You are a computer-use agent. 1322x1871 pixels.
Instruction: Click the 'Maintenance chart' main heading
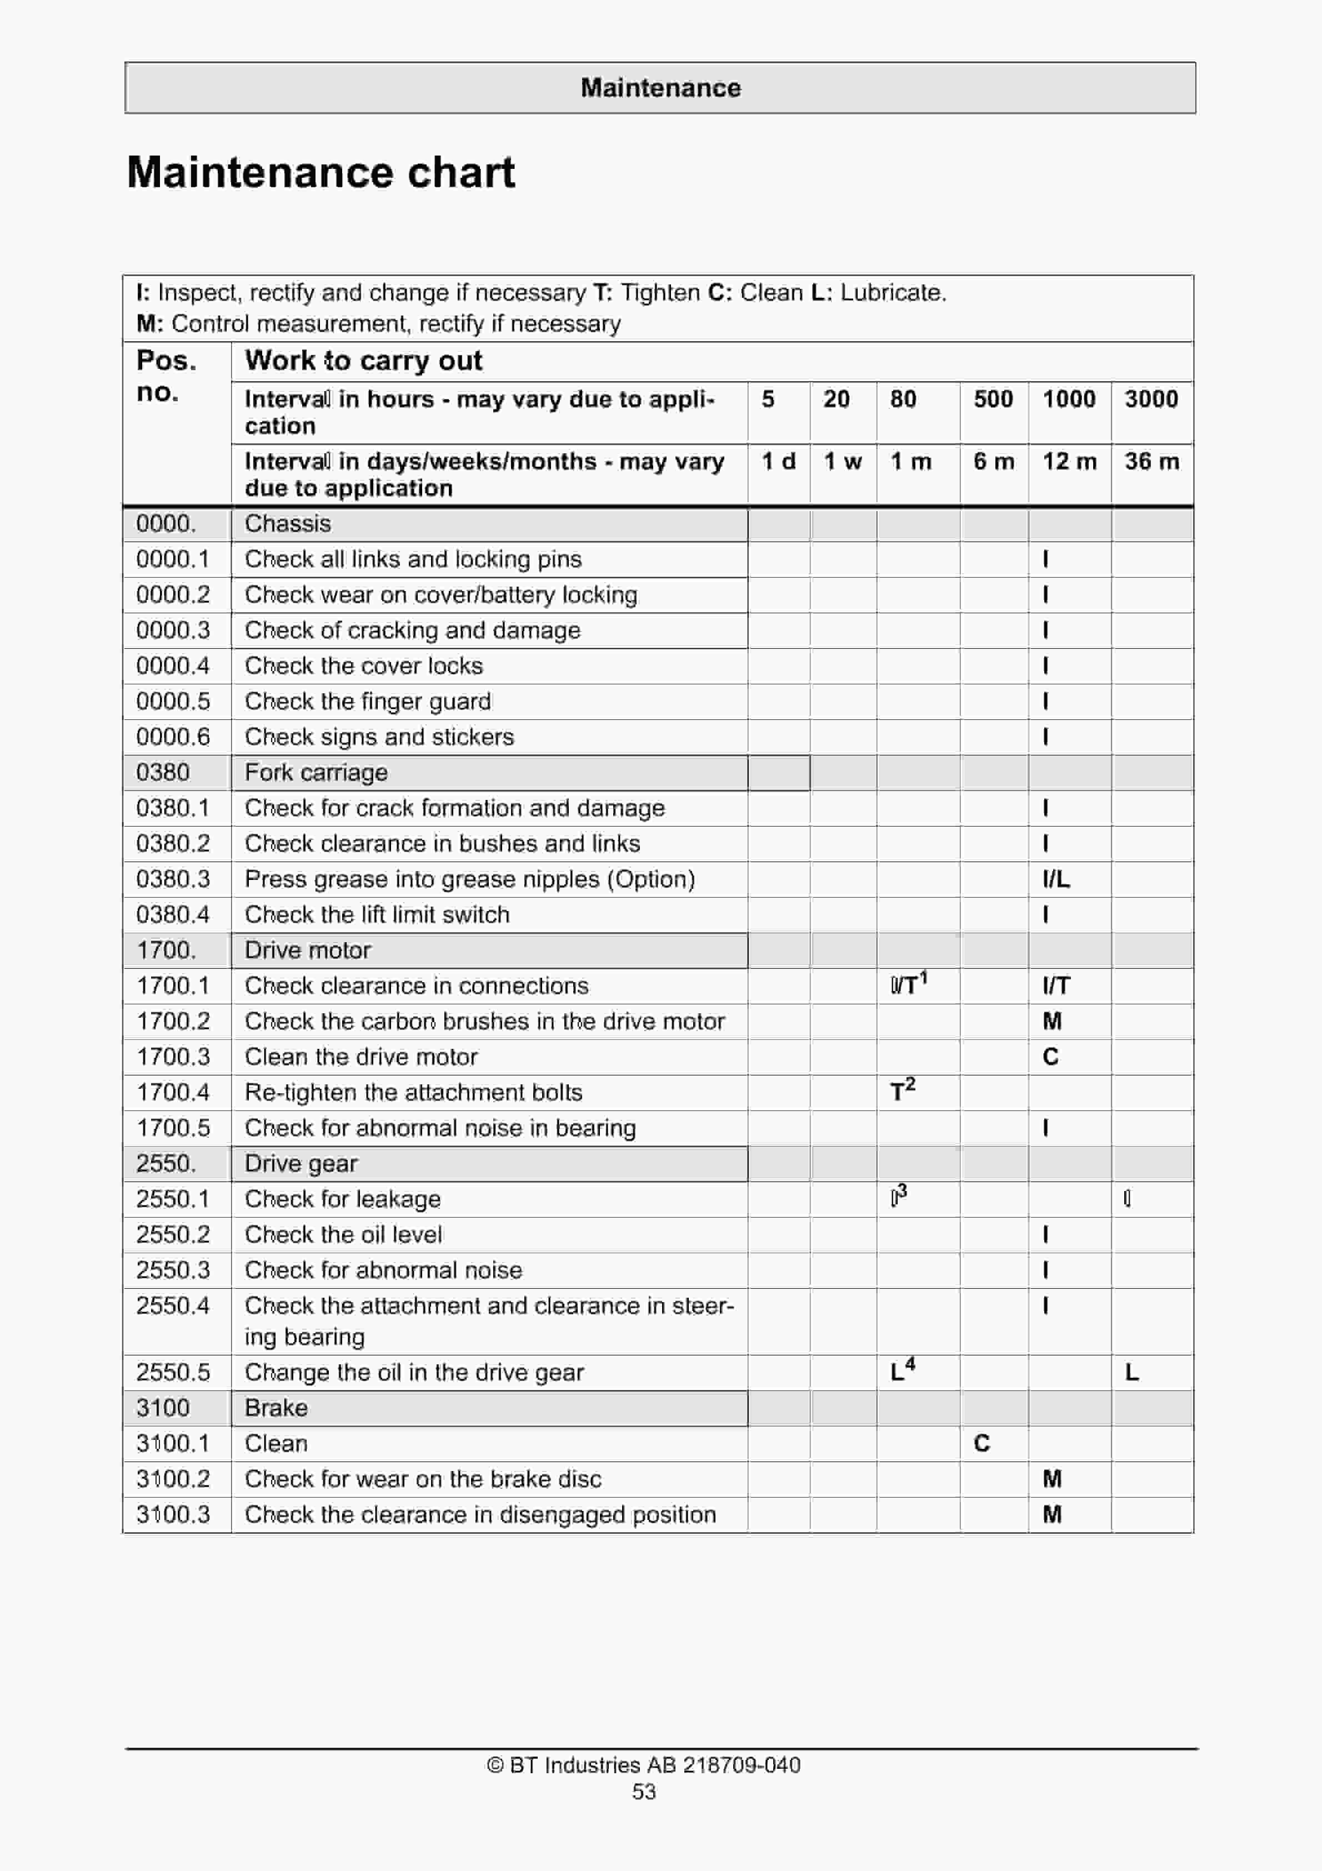click(321, 173)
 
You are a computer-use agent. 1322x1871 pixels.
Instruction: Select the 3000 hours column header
click(1151, 399)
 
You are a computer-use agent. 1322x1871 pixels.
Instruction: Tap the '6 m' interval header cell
click(994, 462)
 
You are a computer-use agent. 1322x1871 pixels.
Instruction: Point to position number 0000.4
click(173, 666)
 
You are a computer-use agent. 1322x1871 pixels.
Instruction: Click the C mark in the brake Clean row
click(982, 1443)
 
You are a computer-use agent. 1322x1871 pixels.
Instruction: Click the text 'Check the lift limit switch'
click(377, 914)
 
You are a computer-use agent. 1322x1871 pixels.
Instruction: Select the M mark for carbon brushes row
click(1052, 1021)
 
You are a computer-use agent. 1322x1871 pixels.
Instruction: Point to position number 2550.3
click(173, 1269)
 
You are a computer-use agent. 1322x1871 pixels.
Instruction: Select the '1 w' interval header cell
click(842, 462)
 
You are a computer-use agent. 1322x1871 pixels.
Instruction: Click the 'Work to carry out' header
click(363, 360)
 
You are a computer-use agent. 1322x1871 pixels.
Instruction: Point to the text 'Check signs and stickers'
click(379, 737)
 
